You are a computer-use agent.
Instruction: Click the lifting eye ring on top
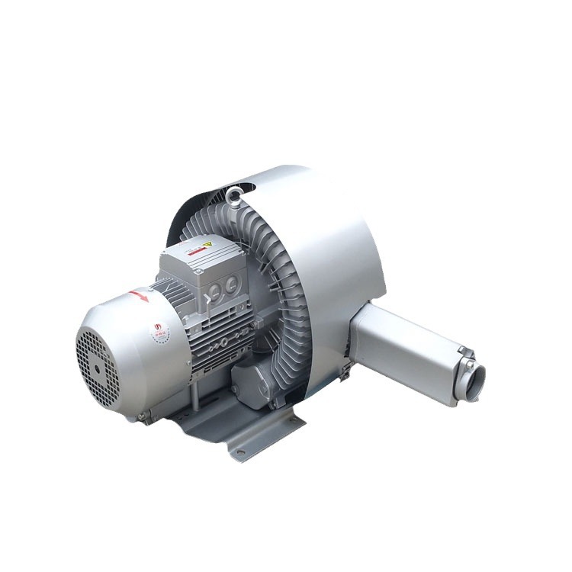pyautogui.click(x=235, y=194)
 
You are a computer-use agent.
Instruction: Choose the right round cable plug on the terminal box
pyautogui.click(x=230, y=284)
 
